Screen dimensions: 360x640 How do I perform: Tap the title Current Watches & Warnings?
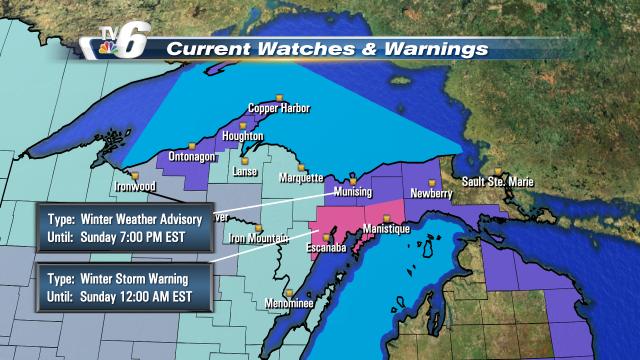(327, 48)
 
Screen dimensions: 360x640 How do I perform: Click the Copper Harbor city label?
(280, 109)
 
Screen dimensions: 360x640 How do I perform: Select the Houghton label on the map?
(243, 136)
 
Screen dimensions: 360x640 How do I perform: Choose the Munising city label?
(352, 190)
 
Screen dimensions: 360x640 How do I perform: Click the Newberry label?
(433, 193)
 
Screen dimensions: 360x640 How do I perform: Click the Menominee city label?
(264, 302)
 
